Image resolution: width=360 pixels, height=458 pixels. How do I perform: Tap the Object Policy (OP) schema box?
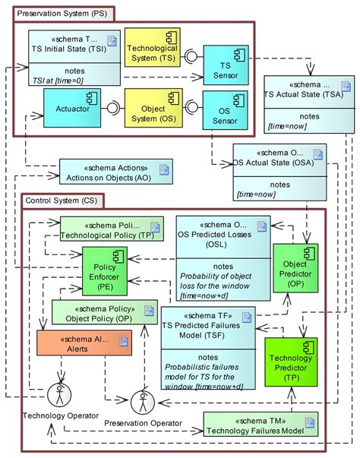(x=105, y=312)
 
